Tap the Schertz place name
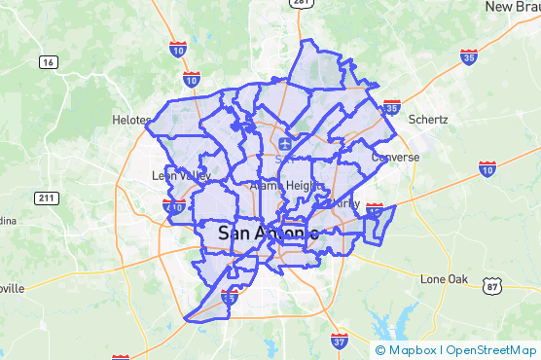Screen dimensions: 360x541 (x=428, y=119)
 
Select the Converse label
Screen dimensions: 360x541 (x=395, y=157)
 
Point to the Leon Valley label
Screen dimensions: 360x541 (x=181, y=176)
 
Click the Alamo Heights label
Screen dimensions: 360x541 (x=281, y=185)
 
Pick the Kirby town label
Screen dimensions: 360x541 (x=346, y=203)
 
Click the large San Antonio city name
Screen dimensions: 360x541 (x=269, y=234)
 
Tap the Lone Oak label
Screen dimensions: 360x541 (x=445, y=279)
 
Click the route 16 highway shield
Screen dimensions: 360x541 (x=48, y=62)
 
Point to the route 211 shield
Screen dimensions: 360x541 (x=46, y=198)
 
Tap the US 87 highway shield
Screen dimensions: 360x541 (x=493, y=286)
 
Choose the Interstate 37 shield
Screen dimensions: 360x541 (x=339, y=341)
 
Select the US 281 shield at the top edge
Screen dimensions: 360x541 (x=302, y=4)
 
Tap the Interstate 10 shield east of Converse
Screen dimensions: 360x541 (x=487, y=169)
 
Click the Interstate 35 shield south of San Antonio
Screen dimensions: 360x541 (x=230, y=298)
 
